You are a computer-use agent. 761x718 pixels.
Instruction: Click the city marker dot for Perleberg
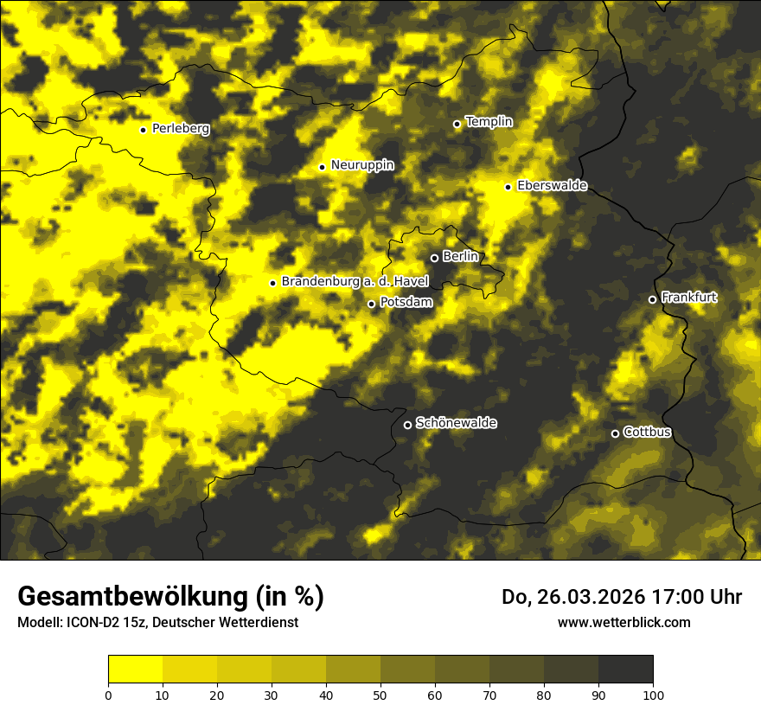pos(144,130)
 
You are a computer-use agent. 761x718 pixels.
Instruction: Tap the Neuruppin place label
pos(361,164)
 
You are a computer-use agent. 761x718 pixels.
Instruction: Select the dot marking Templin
pos(457,124)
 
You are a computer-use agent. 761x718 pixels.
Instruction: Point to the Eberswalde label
pos(552,185)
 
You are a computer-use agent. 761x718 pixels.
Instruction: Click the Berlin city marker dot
pos(434,258)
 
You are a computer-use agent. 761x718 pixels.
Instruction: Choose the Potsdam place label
pos(406,302)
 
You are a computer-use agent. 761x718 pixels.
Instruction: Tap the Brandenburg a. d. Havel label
pos(355,281)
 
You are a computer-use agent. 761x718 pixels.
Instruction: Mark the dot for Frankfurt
pos(652,299)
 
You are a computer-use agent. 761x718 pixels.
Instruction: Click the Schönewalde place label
pos(457,423)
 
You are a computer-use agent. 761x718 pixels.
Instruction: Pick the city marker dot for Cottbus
pos(615,433)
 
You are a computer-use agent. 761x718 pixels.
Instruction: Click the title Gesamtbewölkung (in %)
pos(170,597)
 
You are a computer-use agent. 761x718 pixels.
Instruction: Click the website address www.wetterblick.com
pos(624,622)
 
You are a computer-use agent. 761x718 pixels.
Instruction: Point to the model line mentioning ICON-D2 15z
pos(157,622)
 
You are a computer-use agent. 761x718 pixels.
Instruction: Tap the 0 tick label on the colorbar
pos(108,694)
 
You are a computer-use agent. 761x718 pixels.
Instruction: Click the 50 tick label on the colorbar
pos(380,694)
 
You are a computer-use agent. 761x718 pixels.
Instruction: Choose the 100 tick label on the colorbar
pos(653,694)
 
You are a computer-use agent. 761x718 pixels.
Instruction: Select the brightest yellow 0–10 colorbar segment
pos(135,670)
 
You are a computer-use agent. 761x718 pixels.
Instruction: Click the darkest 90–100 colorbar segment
pos(625,670)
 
